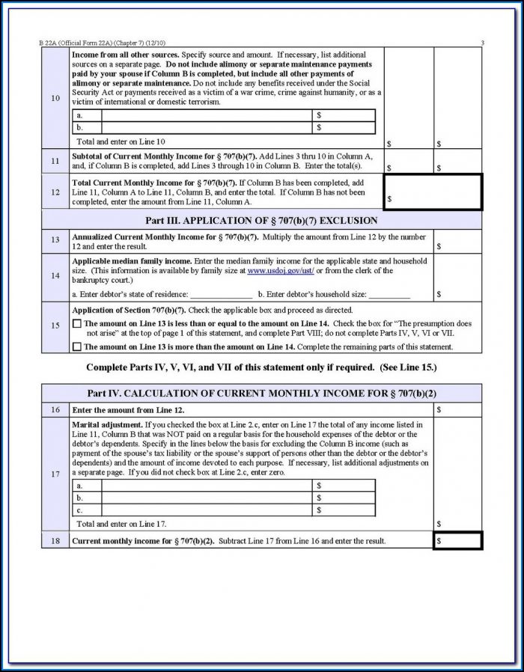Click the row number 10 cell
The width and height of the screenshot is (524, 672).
[55, 98]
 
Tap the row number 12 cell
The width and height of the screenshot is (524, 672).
[55, 192]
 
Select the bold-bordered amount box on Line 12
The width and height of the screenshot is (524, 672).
[433, 192]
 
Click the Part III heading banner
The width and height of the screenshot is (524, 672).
[261, 221]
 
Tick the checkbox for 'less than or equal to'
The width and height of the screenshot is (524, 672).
[76, 323]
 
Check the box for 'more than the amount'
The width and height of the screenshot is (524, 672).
[76, 346]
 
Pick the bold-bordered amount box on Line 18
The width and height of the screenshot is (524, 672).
[457, 540]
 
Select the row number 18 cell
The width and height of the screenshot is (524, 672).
[55, 540]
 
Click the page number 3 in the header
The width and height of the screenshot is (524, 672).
[482, 43]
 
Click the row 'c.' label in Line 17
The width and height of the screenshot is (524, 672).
[80, 510]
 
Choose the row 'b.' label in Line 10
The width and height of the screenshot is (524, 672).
[80, 127]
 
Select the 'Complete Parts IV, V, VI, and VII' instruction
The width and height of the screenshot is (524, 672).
[261, 367]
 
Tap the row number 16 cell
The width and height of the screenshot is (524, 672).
[55, 410]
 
